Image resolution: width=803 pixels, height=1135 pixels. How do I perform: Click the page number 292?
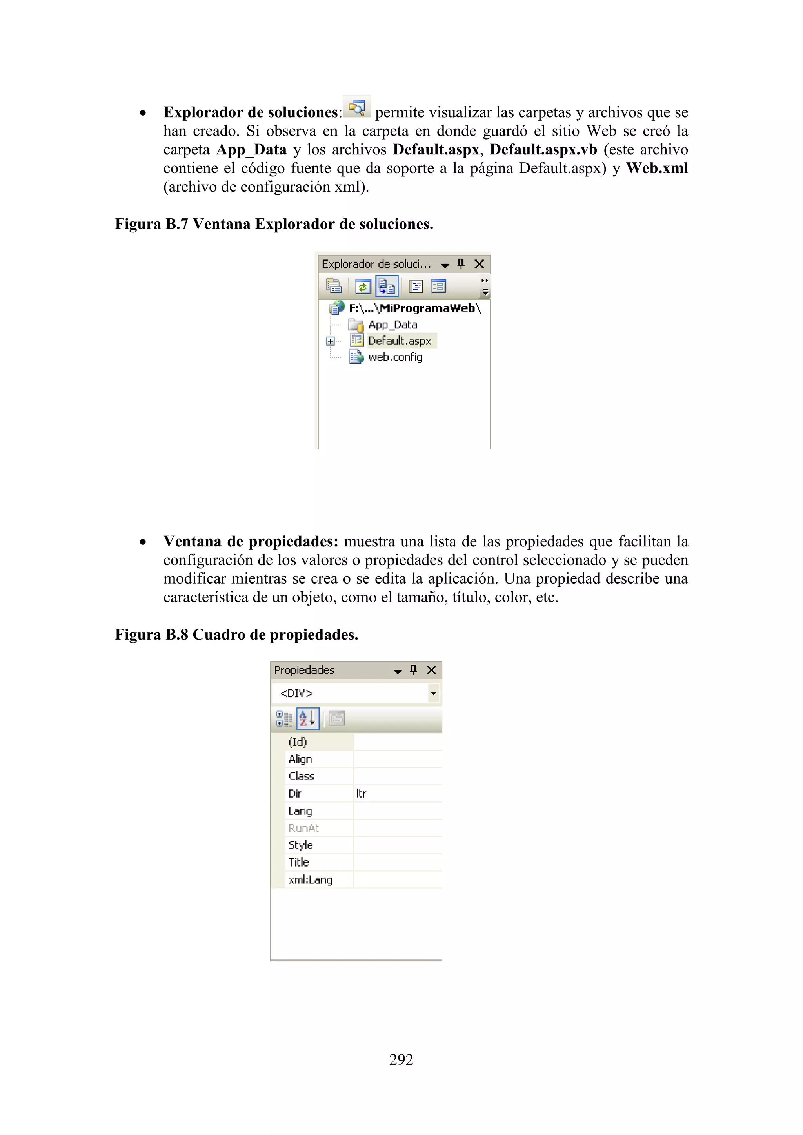coord(401,1059)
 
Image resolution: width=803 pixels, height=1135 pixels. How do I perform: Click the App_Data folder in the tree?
coord(392,325)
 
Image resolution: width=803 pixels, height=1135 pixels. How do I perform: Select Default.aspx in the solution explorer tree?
coord(400,341)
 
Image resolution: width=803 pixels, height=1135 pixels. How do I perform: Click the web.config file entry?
coord(395,357)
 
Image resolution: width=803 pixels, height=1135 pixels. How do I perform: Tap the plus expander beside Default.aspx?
coord(330,341)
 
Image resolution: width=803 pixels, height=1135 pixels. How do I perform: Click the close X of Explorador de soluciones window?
coord(479,264)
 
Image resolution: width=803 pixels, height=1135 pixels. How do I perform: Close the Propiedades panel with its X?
coord(432,670)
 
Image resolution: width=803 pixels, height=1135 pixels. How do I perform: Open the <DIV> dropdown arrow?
coord(433,694)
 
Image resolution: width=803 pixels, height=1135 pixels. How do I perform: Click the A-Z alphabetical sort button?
coord(307,718)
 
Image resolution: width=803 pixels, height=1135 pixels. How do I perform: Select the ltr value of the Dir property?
coord(362,793)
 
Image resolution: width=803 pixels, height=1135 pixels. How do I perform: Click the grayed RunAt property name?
coord(303,828)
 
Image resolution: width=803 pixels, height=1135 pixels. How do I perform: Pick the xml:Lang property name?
coord(310,879)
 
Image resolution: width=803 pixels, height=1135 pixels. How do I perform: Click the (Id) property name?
coord(298,742)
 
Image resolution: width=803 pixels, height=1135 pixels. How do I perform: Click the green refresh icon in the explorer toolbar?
coord(363,287)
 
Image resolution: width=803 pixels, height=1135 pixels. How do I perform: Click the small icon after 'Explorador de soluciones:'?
coord(356,107)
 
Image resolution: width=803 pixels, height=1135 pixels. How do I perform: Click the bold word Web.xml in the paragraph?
coord(657,168)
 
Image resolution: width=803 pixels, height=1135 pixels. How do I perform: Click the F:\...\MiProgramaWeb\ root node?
coord(414,308)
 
